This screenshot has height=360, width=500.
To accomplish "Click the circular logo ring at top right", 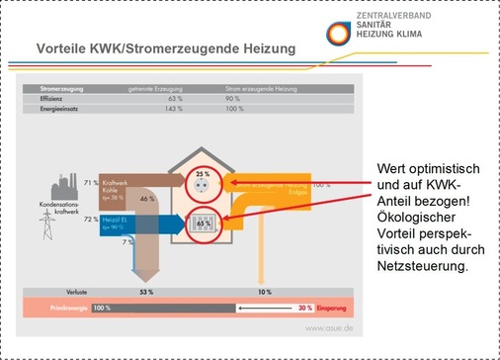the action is click(337, 30).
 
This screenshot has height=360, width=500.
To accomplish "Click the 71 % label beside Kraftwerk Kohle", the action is click(90, 183).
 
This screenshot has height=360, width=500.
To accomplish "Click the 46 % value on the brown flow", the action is click(147, 199).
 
